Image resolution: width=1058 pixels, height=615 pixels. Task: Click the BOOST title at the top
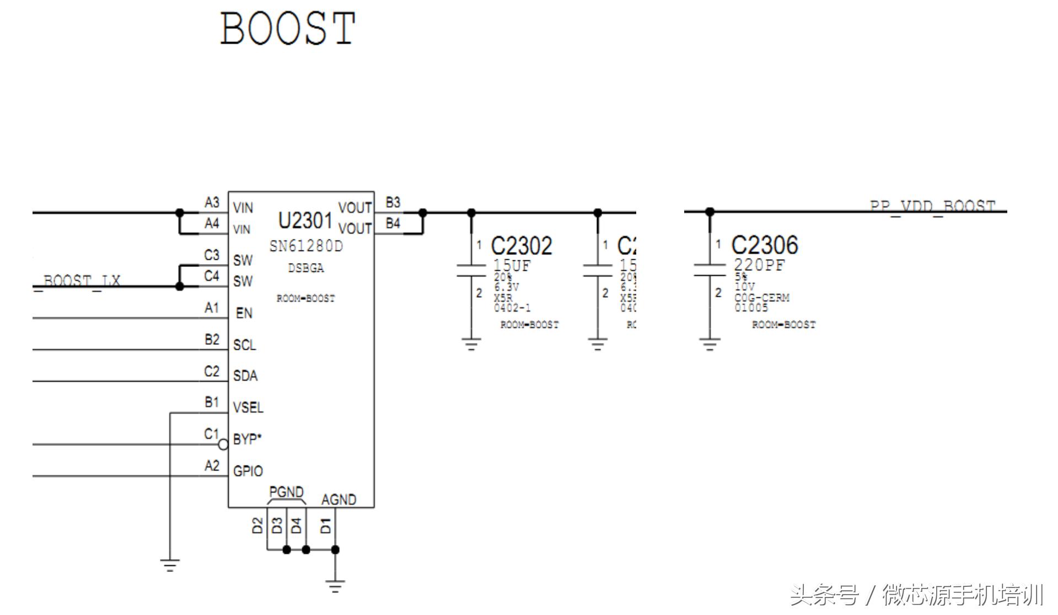(x=287, y=28)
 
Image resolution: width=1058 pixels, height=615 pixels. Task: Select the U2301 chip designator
(x=305, y=221)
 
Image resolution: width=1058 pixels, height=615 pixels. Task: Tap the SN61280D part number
(x=306, y=246)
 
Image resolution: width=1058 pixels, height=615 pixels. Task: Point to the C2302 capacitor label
(x=521, y=246)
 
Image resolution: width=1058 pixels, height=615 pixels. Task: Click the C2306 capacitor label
(x=764, y=245)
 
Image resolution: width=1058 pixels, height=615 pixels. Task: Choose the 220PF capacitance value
(x=759, y=265)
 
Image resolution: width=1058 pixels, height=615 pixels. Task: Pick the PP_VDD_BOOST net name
(x=932, y=207)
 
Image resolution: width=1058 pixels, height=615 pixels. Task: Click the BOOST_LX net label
(x=82, y=281)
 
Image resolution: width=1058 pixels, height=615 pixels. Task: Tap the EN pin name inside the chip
(x=244, y=313)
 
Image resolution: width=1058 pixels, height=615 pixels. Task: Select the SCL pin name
(x=244, y=345)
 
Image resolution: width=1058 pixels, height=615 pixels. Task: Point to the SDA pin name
(x=245, y=376)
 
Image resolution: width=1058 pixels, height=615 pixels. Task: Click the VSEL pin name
(x=248, y=408)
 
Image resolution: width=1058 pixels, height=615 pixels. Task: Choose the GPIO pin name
(x=248, y=471)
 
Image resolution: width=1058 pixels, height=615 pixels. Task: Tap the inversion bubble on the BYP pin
(x=223, y=444)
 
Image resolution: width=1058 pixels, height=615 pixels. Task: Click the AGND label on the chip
(x=339, y=500)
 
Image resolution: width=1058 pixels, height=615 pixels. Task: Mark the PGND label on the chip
(x=286, y=492)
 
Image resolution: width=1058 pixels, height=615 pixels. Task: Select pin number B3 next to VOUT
(x=393, y=202)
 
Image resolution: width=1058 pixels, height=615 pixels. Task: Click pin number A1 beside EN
(x=212, y=308)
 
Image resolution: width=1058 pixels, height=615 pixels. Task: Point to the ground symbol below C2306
(x=710, y=345)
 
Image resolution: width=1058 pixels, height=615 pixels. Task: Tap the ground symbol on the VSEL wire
(x=170, y=565)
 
